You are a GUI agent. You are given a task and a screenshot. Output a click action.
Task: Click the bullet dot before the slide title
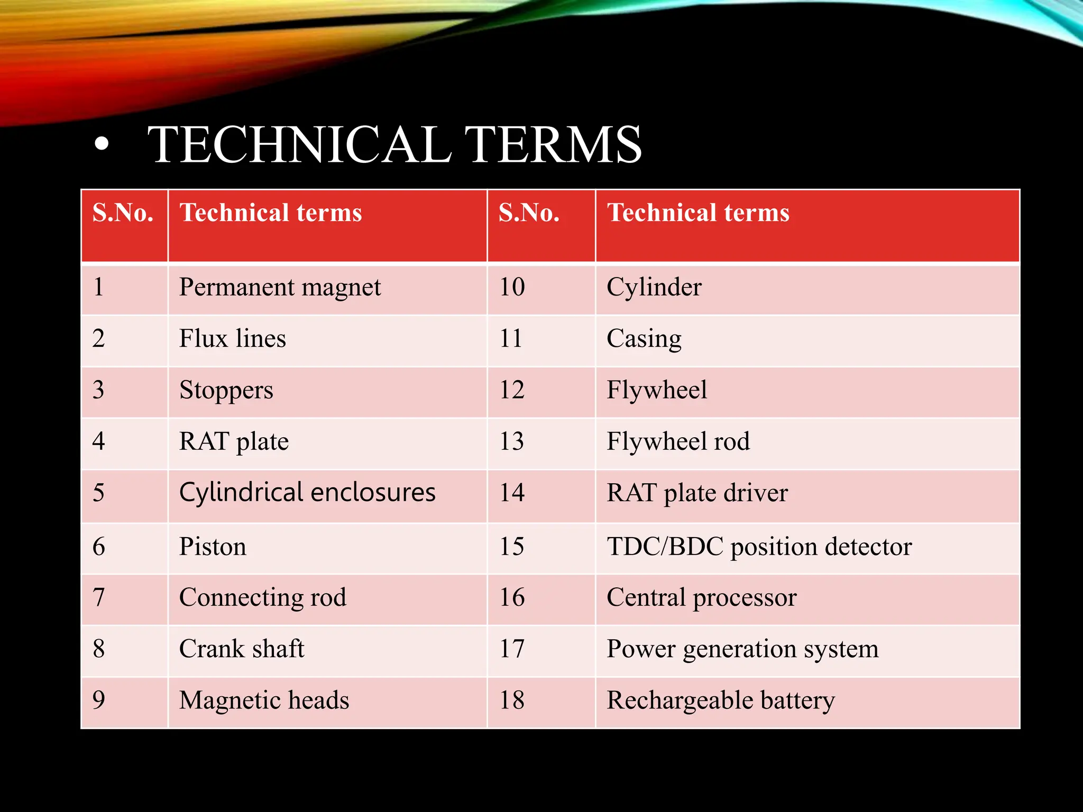point(102,144)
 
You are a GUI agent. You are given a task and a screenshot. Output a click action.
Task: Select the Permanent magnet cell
point(280,288)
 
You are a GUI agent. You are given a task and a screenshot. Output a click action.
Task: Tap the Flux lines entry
point(232,339)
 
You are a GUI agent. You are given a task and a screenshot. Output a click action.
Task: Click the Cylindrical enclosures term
point(307,493)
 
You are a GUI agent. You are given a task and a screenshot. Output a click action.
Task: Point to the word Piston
point(213,547)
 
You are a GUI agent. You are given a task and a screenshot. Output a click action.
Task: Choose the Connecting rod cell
point(263,598)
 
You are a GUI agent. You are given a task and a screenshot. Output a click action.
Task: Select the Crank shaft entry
point(242,649)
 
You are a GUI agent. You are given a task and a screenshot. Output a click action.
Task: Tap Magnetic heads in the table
point(264,700)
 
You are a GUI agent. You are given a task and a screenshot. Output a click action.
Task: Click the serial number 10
point(512,288)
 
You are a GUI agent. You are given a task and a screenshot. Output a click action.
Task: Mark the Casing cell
point(644,339)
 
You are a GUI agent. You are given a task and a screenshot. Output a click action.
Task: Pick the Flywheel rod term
point(678,442)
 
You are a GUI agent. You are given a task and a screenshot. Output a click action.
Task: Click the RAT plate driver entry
point(697,493)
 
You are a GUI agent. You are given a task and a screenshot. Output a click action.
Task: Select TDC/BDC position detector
point(759,547)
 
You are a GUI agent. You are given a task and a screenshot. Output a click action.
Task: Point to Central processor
point(701,598)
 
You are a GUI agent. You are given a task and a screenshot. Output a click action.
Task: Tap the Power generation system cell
point(742,649)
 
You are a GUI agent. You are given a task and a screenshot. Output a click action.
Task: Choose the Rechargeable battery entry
point(720,700)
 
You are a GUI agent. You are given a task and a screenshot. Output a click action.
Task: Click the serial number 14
point(512,493)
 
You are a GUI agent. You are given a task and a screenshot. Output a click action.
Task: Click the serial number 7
point(99,598)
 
